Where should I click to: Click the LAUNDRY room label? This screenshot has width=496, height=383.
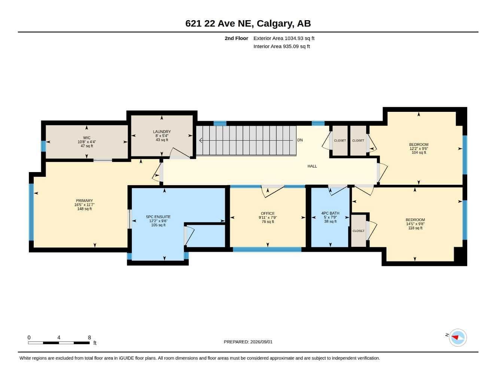pyautogui.click(x=162, y=132)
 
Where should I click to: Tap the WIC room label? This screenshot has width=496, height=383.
pyautogui.click(x=87, y=138)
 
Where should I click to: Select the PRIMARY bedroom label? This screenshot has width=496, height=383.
pyautogui.click(x=84, y=200)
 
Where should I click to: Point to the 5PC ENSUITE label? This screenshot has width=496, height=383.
pyautogui.click(x=158, y=217)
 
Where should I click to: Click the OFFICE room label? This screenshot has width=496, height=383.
pyautogui.click(x=268, y=214)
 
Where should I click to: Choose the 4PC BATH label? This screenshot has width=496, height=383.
pyautogui.click(x=330, y=213)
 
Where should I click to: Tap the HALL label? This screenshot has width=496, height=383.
pyautogui.click(x=312, y=166)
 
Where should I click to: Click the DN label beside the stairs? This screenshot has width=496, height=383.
pyautogui.click(x=300, y=140)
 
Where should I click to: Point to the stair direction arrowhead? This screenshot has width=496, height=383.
pyautogui.click(x=201, y=140)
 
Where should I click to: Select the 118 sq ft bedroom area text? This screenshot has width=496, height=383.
pyautogui.click(x=415, y=228)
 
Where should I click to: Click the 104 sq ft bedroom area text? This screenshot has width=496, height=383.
pyautogui.click(x=419, y=153)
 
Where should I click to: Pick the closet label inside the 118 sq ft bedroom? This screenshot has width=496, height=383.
pyautogui.click(x=358, y=231)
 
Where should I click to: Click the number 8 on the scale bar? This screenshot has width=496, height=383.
pyautogui.click(x=89, y=337)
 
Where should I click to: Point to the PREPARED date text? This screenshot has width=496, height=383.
pyautogui.click(x=248, y=342)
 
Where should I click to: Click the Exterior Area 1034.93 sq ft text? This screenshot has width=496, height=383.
pyautogui.click(x=284, y=38)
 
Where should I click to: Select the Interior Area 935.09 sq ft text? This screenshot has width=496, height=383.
pyautogui.click(x=282, y=46)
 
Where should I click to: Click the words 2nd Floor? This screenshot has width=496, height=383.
pyautogui.click(x=236, y=38)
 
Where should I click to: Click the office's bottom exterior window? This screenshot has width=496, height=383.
pyautogui.click(x=267, y=249)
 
